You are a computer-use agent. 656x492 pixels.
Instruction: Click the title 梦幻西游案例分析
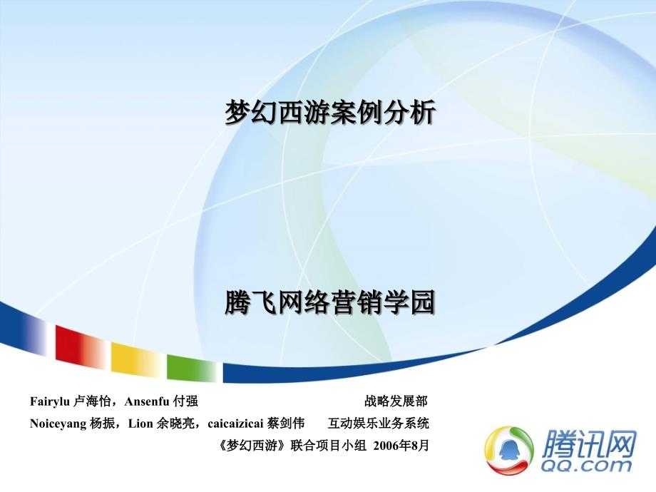click(x=330, y=112)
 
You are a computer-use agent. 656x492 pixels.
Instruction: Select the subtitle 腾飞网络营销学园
click(x=330, y=302)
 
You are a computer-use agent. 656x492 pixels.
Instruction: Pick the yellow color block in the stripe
click(x=136, y=359)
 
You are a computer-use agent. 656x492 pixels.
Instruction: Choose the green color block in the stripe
click(x=192, y=367)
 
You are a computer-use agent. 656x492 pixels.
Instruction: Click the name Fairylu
click(x=50, y=401)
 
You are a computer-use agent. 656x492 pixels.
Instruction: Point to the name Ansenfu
click(x=147, y=401)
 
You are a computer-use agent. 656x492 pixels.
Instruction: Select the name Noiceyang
click(x=58, y=424)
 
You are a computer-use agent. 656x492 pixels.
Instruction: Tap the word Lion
click(x=140, y=424)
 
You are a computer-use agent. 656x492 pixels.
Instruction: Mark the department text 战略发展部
click(x=396, y=401)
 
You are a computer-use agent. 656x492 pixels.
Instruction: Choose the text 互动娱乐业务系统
click(x=378, y=424)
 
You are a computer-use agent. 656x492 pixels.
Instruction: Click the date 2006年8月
click(x=401, y=446)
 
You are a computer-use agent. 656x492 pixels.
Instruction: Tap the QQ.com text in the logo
click(x=586, y=465)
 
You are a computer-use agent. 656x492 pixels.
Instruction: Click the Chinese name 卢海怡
click(x=92, y=401)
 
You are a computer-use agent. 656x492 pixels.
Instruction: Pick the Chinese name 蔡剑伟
click(x=286, y=424)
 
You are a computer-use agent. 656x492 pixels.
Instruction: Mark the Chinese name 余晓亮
click(x=175, y=424)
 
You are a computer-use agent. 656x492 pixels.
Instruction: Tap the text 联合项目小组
click(x=329, y=446)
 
